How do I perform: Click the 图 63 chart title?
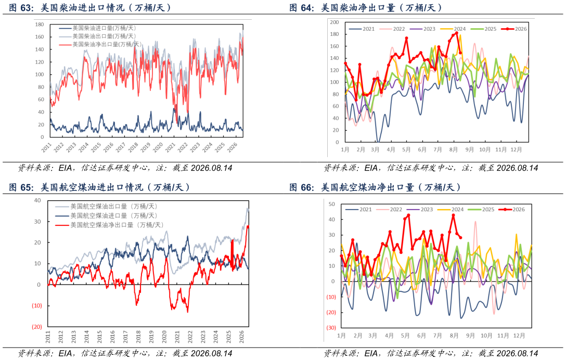pos(90,8)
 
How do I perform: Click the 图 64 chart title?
pos(365,8)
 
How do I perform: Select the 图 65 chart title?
pos(99,187)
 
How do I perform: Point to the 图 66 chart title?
pos(375,187)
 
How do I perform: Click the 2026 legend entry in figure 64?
pos(514,29)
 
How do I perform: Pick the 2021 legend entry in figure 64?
pos(362,29)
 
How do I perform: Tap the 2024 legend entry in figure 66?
pos(451,210)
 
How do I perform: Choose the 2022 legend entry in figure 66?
pos(389,210)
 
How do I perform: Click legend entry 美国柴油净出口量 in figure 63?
pos(100,44)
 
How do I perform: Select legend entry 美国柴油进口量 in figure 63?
pos(97,28)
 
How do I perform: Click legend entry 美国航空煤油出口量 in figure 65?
pos(106,207)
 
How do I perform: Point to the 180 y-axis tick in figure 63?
pos(40,24)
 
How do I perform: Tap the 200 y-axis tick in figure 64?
pos(335,22)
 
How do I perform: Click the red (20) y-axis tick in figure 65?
pos(37,327)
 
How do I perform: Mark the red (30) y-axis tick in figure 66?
pos(331,328)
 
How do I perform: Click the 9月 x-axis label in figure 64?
pos(469,149)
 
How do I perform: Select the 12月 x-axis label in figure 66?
pos(519,336)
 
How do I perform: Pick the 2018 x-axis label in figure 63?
pos(133,147)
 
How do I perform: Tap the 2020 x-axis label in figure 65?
pos(164,337)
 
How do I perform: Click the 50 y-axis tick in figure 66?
pos(332,204)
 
